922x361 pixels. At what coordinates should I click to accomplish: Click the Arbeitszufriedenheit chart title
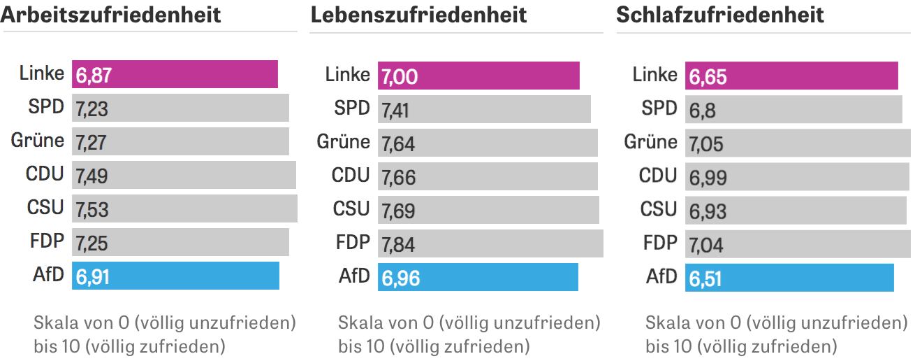click(111, 14)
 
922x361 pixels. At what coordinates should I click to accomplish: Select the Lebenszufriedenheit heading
click(418, 14)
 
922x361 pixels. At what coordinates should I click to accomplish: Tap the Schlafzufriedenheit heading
click(720, 14)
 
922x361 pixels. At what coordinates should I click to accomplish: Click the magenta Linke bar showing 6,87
click(175, 74)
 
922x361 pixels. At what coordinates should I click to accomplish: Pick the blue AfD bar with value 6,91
click(175, 276)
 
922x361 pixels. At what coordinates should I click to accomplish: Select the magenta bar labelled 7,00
click(478, 76)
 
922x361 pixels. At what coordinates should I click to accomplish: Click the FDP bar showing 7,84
click(490, 243)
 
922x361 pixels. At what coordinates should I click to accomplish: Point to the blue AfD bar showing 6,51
click(789, 278)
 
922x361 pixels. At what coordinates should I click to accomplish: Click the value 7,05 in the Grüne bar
click(706, 143)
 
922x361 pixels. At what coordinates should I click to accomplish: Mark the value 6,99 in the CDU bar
click(708, 177)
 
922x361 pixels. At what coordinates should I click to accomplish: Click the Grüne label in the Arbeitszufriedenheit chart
click(38, 141)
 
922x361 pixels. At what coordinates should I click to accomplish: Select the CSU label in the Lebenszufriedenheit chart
click(351, 208)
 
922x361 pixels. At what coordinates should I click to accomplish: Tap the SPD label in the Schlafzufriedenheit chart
click(659, 108)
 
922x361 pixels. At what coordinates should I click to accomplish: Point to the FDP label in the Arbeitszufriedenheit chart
click(47, 241)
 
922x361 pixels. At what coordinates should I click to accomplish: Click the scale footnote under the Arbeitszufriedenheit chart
click(164, 334)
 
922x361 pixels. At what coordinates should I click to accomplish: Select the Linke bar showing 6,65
click(791, 76)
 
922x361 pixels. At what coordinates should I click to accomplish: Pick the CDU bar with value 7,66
click(488, 176)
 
